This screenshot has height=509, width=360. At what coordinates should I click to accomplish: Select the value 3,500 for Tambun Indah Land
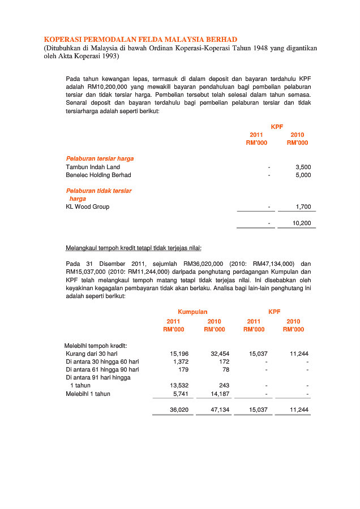tap(303, 167)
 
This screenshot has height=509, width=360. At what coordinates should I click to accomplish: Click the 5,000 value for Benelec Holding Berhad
tap(303, 175)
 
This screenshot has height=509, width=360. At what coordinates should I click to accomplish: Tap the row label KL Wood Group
tap(88, 207)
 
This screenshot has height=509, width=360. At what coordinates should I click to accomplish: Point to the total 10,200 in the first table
tap(301, 223)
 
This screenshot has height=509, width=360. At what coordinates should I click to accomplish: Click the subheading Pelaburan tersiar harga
tap(100, 159)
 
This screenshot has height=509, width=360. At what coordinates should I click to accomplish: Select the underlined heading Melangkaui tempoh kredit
tap(134, 248)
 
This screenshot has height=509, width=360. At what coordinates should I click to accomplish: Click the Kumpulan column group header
tap(192, 312)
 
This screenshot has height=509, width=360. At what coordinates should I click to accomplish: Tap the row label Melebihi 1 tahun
tap(88, 394)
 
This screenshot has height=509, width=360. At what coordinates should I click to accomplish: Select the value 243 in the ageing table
tap(224, 386)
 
